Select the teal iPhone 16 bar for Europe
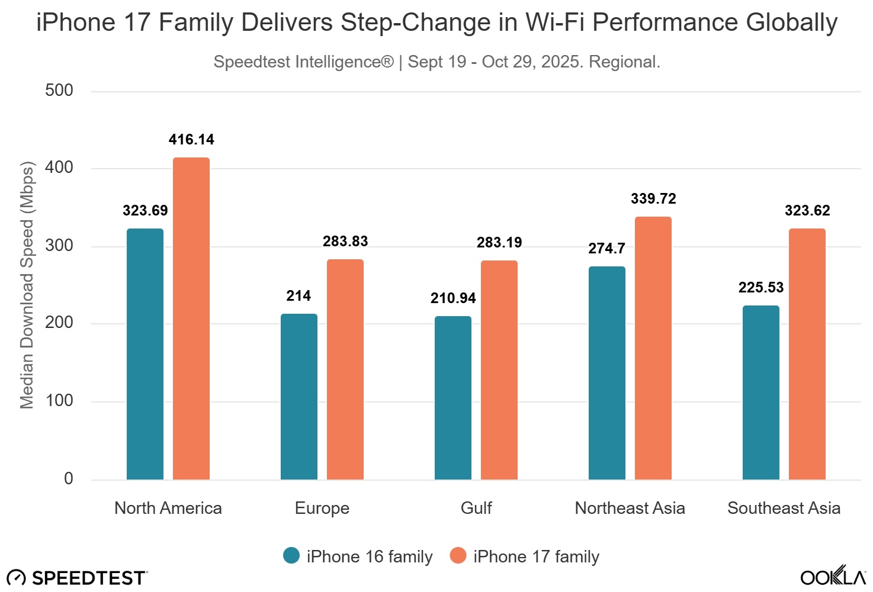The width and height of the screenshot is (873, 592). pyautogui.click(x=299, y=397)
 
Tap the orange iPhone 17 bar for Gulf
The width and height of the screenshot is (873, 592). pyautogui.click(x=499, y=370)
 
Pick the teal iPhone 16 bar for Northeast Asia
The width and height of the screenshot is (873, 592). pyautogui.click(x=606, y=373)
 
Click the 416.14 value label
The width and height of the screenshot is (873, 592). pyautogui.click(x=191, y=140)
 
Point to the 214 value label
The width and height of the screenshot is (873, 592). pyautogui.click(x=299, y=296)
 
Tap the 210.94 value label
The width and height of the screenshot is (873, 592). pyautogui.click(x=453, y=298)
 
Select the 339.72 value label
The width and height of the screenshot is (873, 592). pyautogui.click(x=653, y=199)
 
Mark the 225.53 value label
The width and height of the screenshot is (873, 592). pyautogui.click(x=761, y=288)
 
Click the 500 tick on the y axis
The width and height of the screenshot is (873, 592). pyautogui.click(x=59, y=91)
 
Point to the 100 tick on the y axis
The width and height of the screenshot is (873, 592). pyautogui.click(x=59, y=401)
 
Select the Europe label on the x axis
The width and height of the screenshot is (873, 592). pyautogui.click(x=322, y=509)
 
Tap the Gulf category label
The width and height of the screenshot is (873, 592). pyautogui.click(x=476, y=509)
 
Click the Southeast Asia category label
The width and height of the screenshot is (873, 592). pyautogui.click(x=784, y=509)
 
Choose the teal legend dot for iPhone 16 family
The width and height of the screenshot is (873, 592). pyautogui.click(x=291, y=556)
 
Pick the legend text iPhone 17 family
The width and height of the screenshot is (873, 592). pyautogui.click(x=536, y=557)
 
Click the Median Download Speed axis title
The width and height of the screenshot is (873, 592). pyautogui.click(x=27, y=285)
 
